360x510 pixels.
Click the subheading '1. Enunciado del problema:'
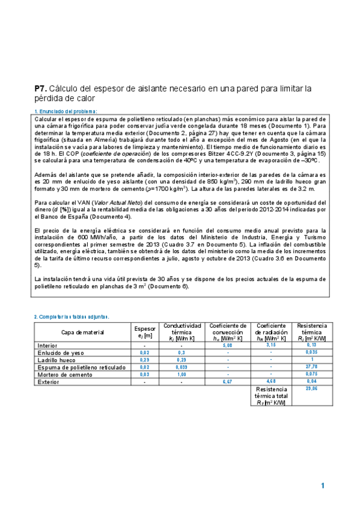click(66, 111)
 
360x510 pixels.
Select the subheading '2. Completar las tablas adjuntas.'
click(72, 316)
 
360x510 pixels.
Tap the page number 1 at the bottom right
click(323, 485)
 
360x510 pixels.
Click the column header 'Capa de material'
click(83, 332)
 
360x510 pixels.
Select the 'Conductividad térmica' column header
click(182, 331)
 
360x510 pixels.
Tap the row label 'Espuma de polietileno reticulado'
click(82, 367)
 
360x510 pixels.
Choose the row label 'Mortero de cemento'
click(64, 374)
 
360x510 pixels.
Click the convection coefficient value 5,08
click(228, 346)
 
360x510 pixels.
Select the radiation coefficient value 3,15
click(270, 346)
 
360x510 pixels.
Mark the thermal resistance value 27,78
click(311, 367)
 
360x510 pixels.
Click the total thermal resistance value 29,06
click(311, 389)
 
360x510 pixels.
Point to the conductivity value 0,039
click(182, 367)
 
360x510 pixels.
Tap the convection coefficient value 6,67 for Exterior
click(228, 381)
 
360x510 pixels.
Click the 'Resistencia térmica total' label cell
click(270, 395)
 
